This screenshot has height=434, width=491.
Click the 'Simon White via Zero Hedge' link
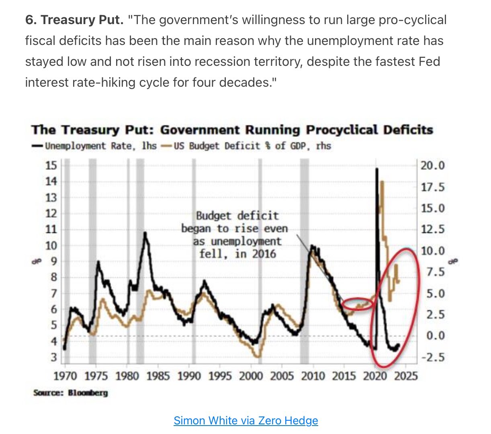(245, 420)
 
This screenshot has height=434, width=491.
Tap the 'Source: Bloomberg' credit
(71, 393)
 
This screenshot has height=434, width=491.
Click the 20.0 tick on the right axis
(432, 165)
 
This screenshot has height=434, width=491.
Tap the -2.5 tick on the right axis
(432, 357)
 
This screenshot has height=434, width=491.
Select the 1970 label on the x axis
(65, 376)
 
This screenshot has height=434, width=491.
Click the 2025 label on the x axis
(405, 376)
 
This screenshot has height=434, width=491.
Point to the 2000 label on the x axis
(251, 376)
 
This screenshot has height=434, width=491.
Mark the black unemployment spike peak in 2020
(376, 169)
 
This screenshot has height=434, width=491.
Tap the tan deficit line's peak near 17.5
(382, 182)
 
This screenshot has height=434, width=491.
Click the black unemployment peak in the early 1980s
(145, 233)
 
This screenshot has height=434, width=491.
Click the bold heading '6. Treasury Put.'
(74, 20)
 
